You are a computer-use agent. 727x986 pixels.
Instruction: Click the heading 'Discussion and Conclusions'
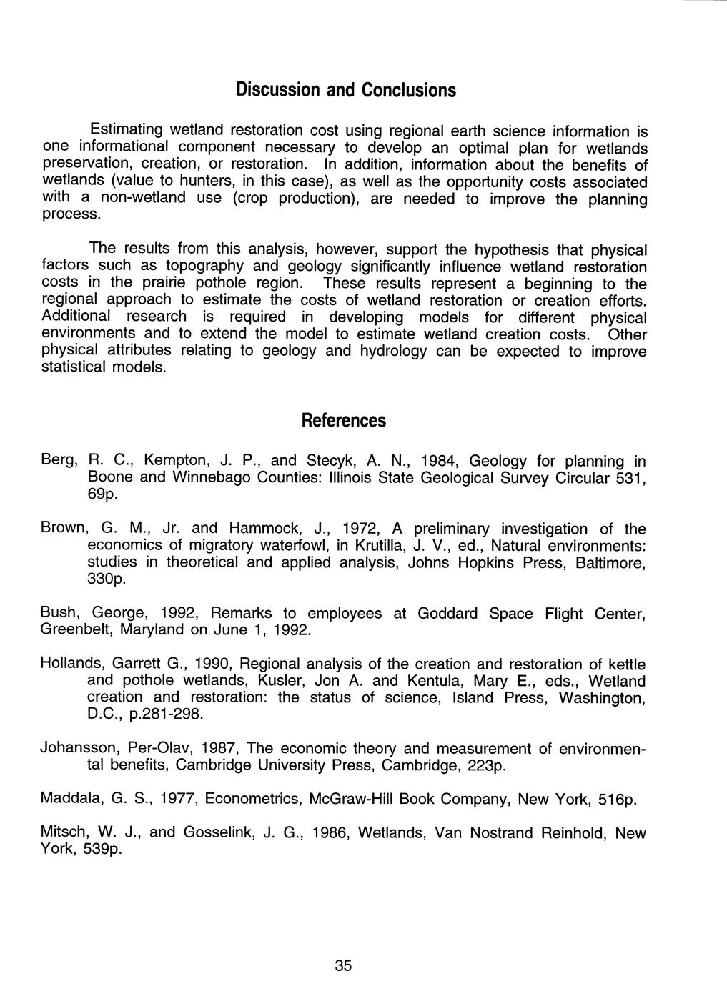[345, 91]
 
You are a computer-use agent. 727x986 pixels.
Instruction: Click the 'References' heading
[343, 420]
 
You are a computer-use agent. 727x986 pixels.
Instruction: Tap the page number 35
[343, 965]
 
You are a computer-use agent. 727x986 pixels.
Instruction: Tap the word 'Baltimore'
[608, 563]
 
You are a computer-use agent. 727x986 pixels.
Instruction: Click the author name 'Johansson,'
[80, 749]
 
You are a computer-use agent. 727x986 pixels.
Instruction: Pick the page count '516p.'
[616, 799]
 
